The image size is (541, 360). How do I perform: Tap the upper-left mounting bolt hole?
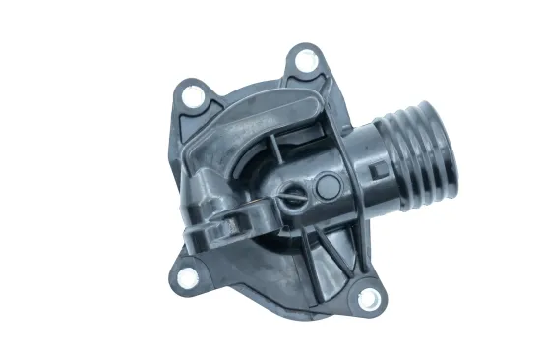pos(194,95)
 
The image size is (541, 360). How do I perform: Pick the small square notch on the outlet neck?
pos(376,171)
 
